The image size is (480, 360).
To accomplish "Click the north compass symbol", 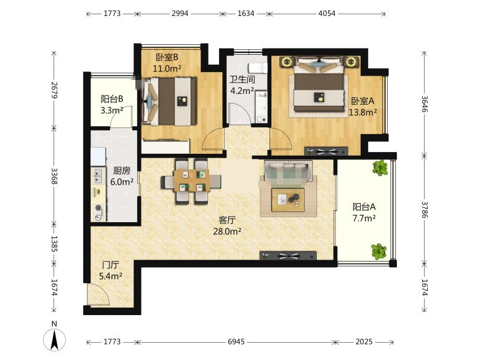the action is [55, 339].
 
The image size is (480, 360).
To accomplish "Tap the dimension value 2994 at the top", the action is [180, 14].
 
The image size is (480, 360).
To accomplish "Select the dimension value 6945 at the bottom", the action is [236, 342].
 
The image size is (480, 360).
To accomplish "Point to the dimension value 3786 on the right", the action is [424, 210].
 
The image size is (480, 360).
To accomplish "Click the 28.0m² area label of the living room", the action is [227, 231].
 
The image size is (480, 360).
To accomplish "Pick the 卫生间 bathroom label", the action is [242, 79].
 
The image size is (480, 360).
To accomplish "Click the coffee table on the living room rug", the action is [288, 200].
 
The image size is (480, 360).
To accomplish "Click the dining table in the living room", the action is [191, 180].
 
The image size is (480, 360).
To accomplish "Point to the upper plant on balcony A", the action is [380, 168].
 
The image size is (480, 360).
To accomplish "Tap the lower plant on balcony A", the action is [379, 252].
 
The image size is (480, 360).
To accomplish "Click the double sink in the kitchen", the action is [98, 175].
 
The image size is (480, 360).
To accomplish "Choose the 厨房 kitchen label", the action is [121, 171].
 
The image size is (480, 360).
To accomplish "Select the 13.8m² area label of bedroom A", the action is [362, 113].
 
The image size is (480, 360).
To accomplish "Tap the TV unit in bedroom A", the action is [326, 151].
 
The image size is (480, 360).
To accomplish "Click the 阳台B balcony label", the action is [112, 99].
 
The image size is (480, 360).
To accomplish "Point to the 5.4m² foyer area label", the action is [111, 276].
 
